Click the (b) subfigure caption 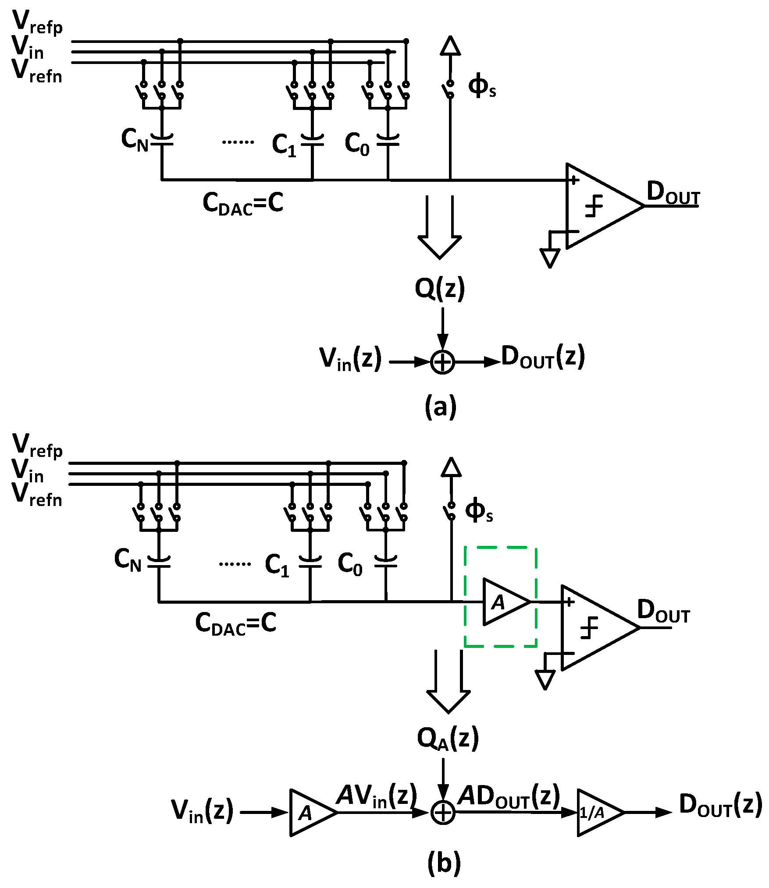click(x=443, y=862)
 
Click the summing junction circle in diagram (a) click(x=442, y=362)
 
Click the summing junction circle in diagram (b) click(x=443, y=813)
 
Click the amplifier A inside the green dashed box click(x=503, y=602)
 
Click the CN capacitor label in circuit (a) click(x=135, y=140)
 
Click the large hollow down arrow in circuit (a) click(x=440, y=228)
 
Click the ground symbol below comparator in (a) click(x=550, y=258)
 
